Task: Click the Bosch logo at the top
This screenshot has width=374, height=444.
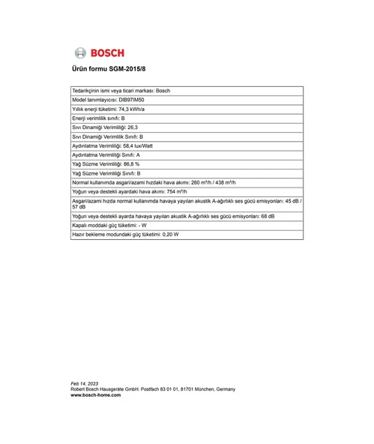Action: point(99,52)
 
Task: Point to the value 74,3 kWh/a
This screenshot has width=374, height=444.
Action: point(132,109)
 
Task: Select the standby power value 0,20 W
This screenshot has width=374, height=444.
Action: point(171,234)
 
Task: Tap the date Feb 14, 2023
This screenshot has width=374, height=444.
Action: point(84,383)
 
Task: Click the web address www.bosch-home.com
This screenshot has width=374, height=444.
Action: point(95,395)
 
